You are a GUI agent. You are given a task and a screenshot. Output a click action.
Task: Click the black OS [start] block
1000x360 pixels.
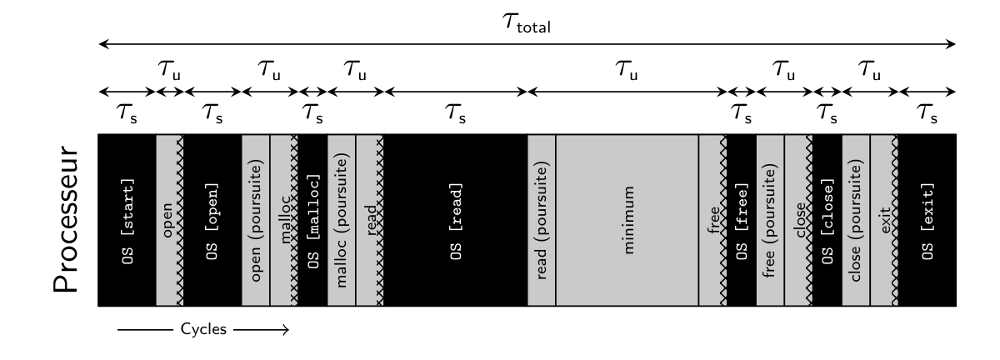(127, 220)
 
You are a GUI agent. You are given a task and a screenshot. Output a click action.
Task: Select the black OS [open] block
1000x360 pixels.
(212, 220)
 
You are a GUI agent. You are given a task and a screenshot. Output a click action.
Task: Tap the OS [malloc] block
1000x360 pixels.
(312, 220)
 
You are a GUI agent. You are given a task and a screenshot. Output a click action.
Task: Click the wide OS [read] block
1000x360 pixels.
(455, 220)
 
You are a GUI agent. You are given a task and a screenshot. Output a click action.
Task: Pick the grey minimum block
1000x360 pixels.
(627, 220)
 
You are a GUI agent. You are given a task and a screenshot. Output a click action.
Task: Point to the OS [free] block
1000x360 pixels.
(741, 220)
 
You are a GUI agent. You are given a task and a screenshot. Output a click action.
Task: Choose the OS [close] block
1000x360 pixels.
(827, 220)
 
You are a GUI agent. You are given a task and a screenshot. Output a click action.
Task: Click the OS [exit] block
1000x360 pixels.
(927, 220)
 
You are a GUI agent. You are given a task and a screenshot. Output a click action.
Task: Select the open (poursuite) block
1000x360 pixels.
(255, 220)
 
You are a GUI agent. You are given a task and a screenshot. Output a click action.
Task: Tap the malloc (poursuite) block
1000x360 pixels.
(341, 220)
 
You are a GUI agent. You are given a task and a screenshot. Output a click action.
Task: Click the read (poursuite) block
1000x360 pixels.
(542, 220)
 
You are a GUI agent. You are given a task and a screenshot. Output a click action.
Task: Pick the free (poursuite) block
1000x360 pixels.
(769, 220)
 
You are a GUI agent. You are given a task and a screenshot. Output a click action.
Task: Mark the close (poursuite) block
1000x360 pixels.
(855, 220)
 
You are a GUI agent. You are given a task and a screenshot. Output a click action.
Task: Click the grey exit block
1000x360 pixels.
(882, 220)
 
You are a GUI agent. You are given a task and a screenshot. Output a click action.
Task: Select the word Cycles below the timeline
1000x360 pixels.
(203, 330)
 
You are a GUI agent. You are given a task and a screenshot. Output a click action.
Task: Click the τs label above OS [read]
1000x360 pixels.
(455, 116)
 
